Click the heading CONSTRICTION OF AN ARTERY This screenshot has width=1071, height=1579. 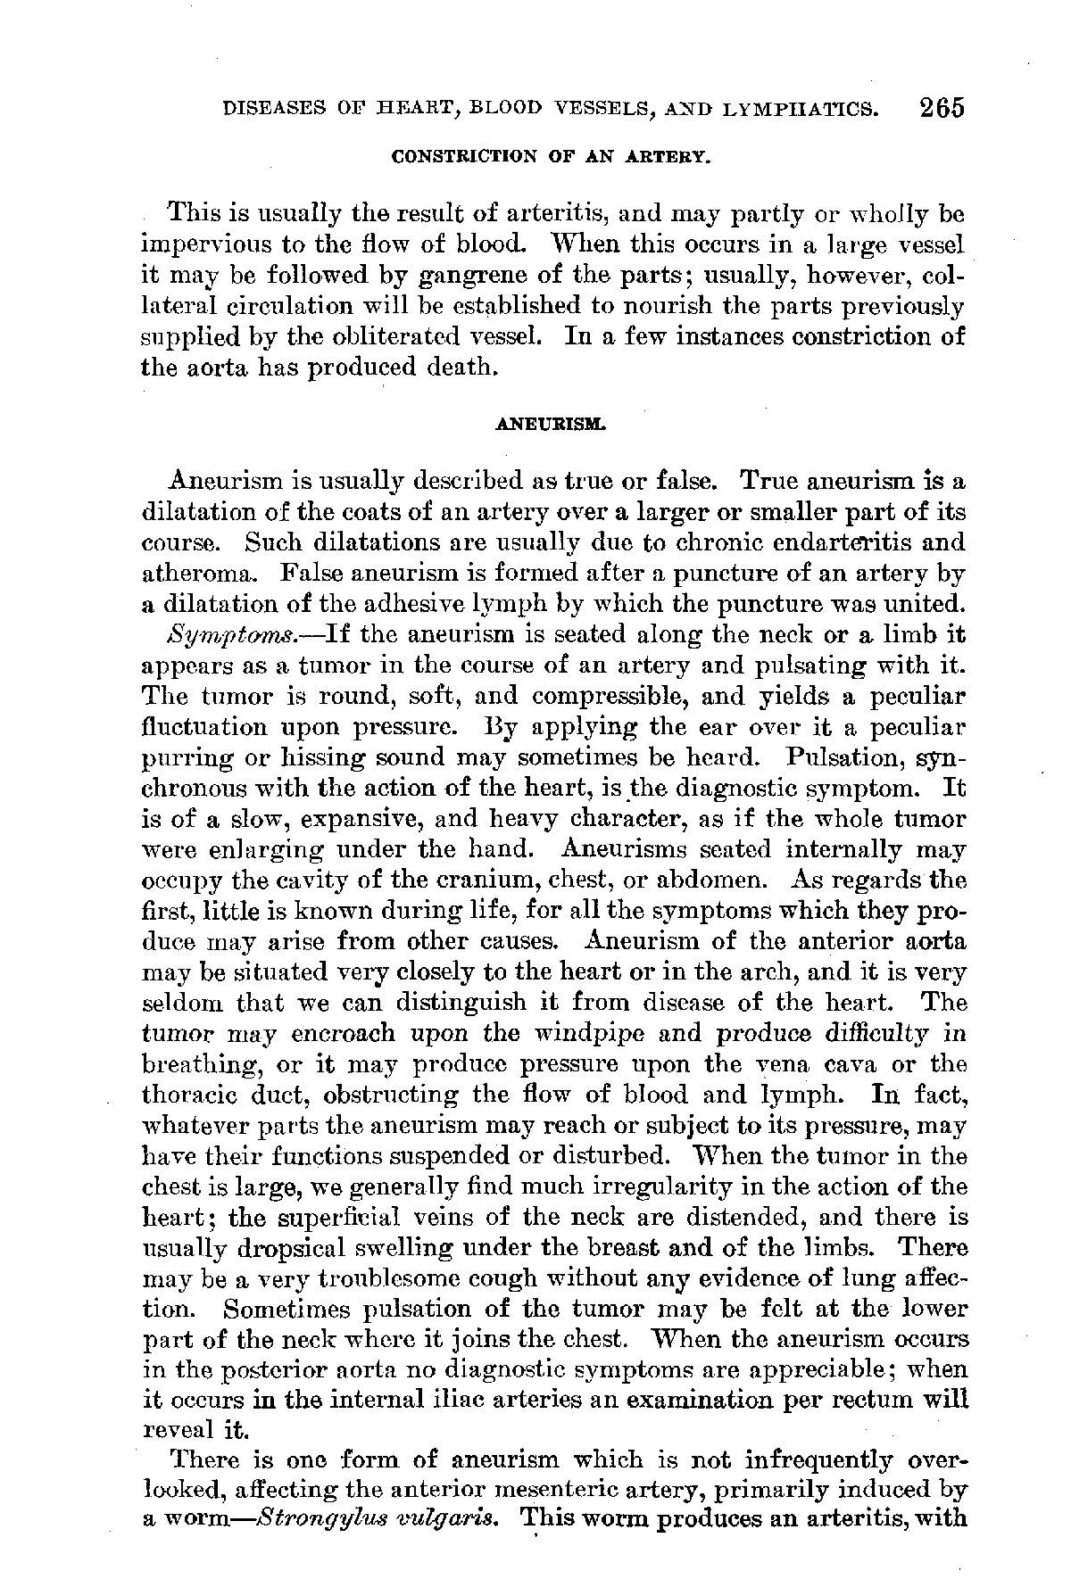point(551,159)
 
